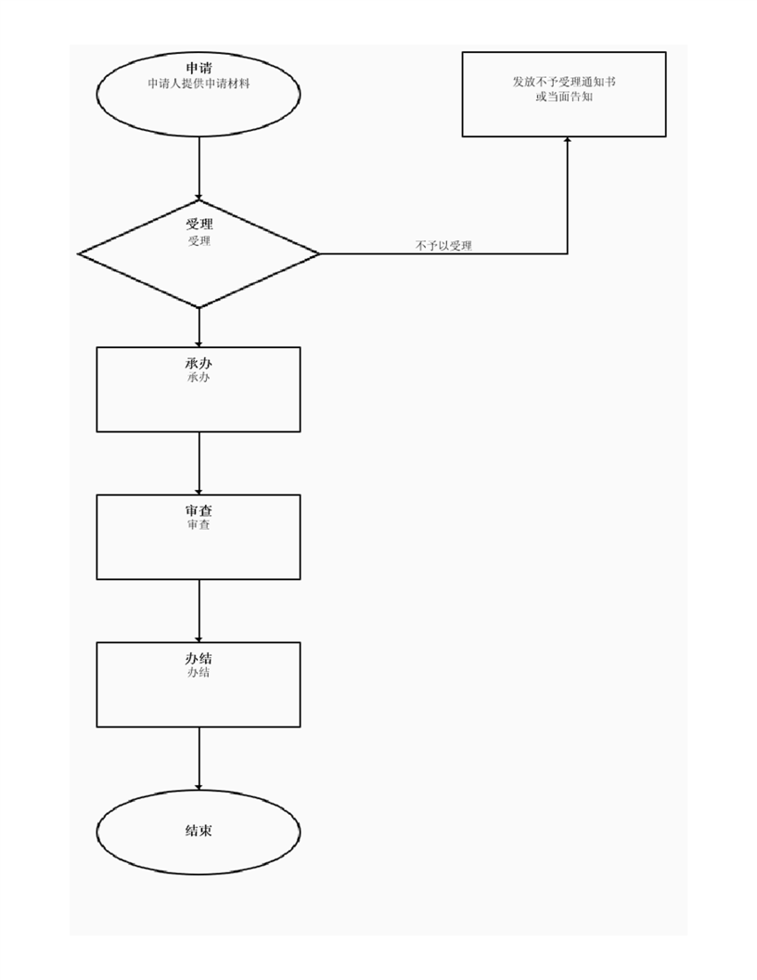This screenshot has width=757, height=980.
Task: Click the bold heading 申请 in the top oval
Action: [x=199, y=69]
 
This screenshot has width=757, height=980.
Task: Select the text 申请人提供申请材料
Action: [x=199, y=84]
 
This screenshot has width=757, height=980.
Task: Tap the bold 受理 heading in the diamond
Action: [x=199, y=226]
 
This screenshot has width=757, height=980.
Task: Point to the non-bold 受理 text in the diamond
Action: [x=199, y=241]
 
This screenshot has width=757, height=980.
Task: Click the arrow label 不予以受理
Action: [x=443, y=246]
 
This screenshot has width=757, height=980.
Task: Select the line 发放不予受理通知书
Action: [x=564, y=82]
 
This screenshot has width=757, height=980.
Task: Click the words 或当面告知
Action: [x=564, y=96]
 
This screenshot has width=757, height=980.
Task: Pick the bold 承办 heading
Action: [x=199, y=363]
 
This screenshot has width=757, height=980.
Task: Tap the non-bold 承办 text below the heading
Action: [x=199, y=378]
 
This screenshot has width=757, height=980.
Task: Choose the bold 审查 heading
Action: [x=199, y=510]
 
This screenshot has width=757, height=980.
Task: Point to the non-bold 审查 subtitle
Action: [x=199, y=525]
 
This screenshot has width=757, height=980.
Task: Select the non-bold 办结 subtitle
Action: [x=199, y=672]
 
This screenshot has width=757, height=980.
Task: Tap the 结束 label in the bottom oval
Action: [x=199, y=831]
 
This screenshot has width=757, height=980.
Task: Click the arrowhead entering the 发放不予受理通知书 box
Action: [x=567, y=141]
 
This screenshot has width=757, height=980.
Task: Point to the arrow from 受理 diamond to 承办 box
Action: [x=199, y=327]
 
